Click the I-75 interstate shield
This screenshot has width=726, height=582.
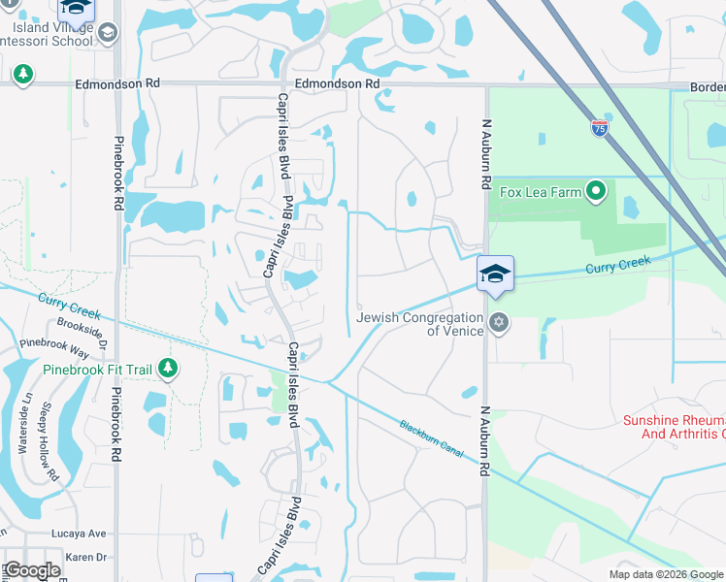coord(600,128)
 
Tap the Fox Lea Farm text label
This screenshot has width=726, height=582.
coord(541,192)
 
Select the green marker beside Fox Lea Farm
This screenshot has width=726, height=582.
coord(597,192)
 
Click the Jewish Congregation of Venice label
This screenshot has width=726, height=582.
coord(420,324)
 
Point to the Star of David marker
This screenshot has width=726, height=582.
coord(499,323)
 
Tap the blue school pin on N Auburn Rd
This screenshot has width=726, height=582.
coord(495,273)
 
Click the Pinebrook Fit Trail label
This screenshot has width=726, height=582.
coord(97,370)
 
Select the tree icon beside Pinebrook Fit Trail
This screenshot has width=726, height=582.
coord(169,369)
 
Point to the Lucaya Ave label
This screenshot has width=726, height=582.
coord(84,533)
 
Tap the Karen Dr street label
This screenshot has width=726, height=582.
coord(87,558)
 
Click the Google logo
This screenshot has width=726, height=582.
coord(33,570)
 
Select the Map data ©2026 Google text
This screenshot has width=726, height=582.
coord(666,574)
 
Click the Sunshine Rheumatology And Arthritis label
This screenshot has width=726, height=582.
coord(674,426)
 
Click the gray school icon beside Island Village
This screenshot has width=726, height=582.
coord(108,33)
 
